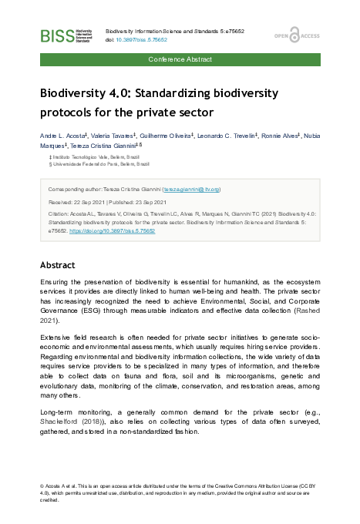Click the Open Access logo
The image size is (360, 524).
point(297,35)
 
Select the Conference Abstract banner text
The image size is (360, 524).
point(179,59)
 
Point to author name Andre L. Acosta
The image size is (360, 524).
point(64,134)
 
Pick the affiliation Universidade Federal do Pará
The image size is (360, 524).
point(90,164)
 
